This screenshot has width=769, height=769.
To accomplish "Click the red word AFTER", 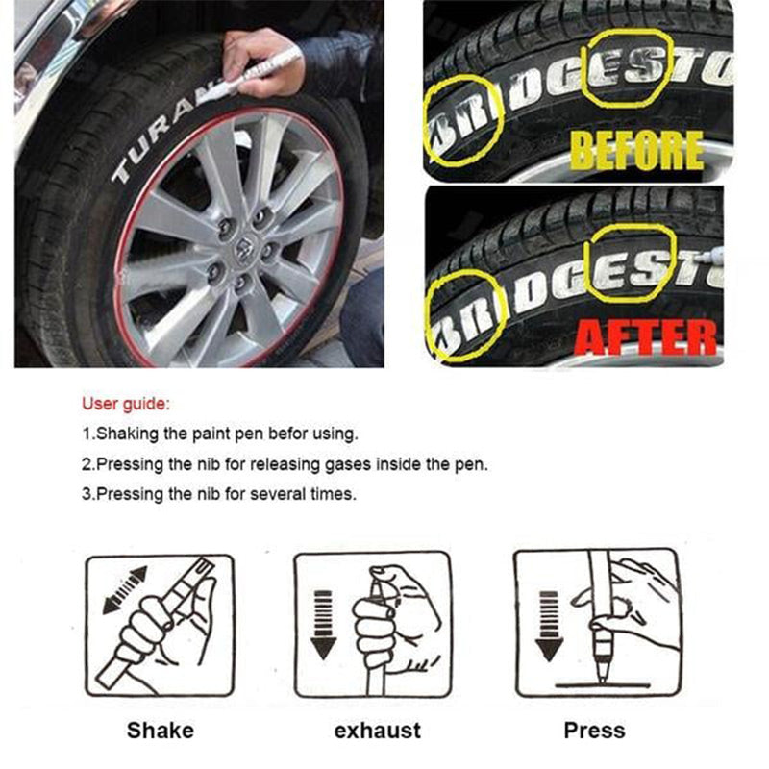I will tap(646, 336).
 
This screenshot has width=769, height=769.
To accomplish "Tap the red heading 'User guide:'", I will tap(127, 403).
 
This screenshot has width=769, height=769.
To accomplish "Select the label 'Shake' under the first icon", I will tap(160, 731).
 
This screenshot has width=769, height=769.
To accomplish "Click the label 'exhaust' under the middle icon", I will tap(377, 731).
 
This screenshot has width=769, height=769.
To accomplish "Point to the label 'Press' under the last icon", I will tap(594, 731).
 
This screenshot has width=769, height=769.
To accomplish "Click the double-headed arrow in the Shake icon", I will tap(123, 590).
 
